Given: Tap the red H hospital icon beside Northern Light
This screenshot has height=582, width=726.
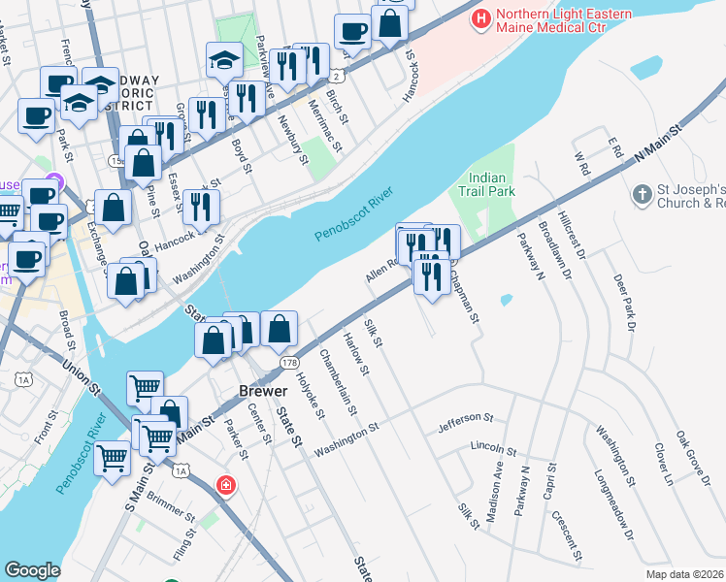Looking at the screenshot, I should [479, 17].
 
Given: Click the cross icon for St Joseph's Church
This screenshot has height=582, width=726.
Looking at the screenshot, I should [641, 195].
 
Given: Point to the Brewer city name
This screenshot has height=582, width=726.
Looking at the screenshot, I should [264, 391].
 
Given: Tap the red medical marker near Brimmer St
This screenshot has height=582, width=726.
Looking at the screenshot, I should [226, 484].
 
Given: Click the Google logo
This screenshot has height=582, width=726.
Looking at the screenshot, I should [32, 570].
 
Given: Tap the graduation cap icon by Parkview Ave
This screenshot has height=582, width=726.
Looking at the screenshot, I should [224, 60].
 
